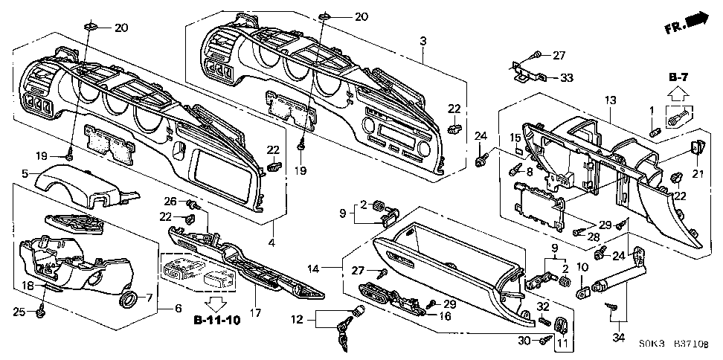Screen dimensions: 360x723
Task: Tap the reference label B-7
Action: click(678, 77)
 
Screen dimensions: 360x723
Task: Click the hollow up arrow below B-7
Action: click(678, 94)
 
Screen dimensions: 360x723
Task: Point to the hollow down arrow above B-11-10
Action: click(216, 303)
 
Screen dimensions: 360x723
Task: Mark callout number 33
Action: click(567, 77)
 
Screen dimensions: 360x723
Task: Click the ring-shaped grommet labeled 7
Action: click(129, 300)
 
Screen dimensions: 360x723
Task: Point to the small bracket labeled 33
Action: click(530, 72)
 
